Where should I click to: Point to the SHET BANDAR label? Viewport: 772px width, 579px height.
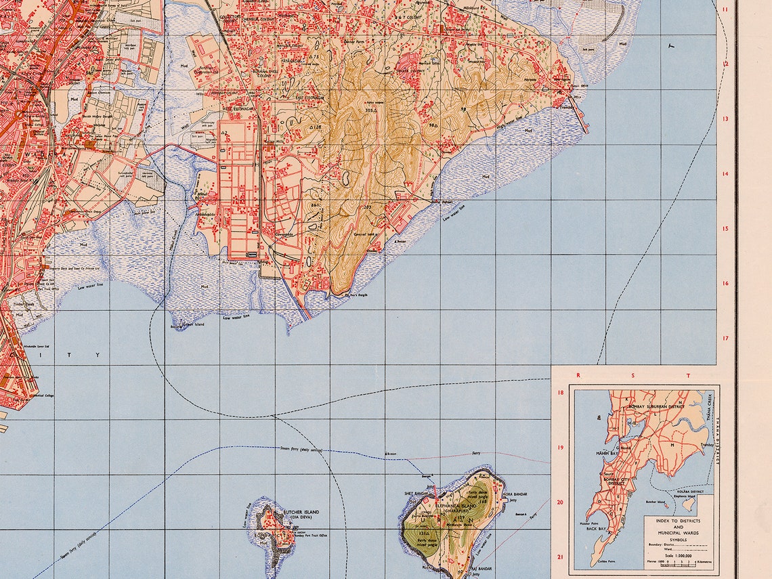point(415,494)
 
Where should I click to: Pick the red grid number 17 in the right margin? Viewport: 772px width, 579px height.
point(725,338)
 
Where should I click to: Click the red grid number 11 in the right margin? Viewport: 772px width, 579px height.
point(725,9)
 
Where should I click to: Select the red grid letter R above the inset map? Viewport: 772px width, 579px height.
point(578,374)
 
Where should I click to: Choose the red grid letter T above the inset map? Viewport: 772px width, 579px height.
point(688,374)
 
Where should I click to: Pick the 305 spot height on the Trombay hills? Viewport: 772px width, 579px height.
point(369,110)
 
